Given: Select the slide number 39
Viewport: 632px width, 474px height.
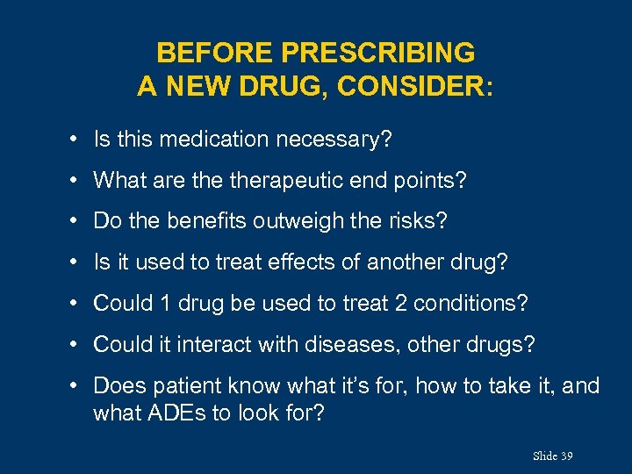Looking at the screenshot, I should [566, 456].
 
